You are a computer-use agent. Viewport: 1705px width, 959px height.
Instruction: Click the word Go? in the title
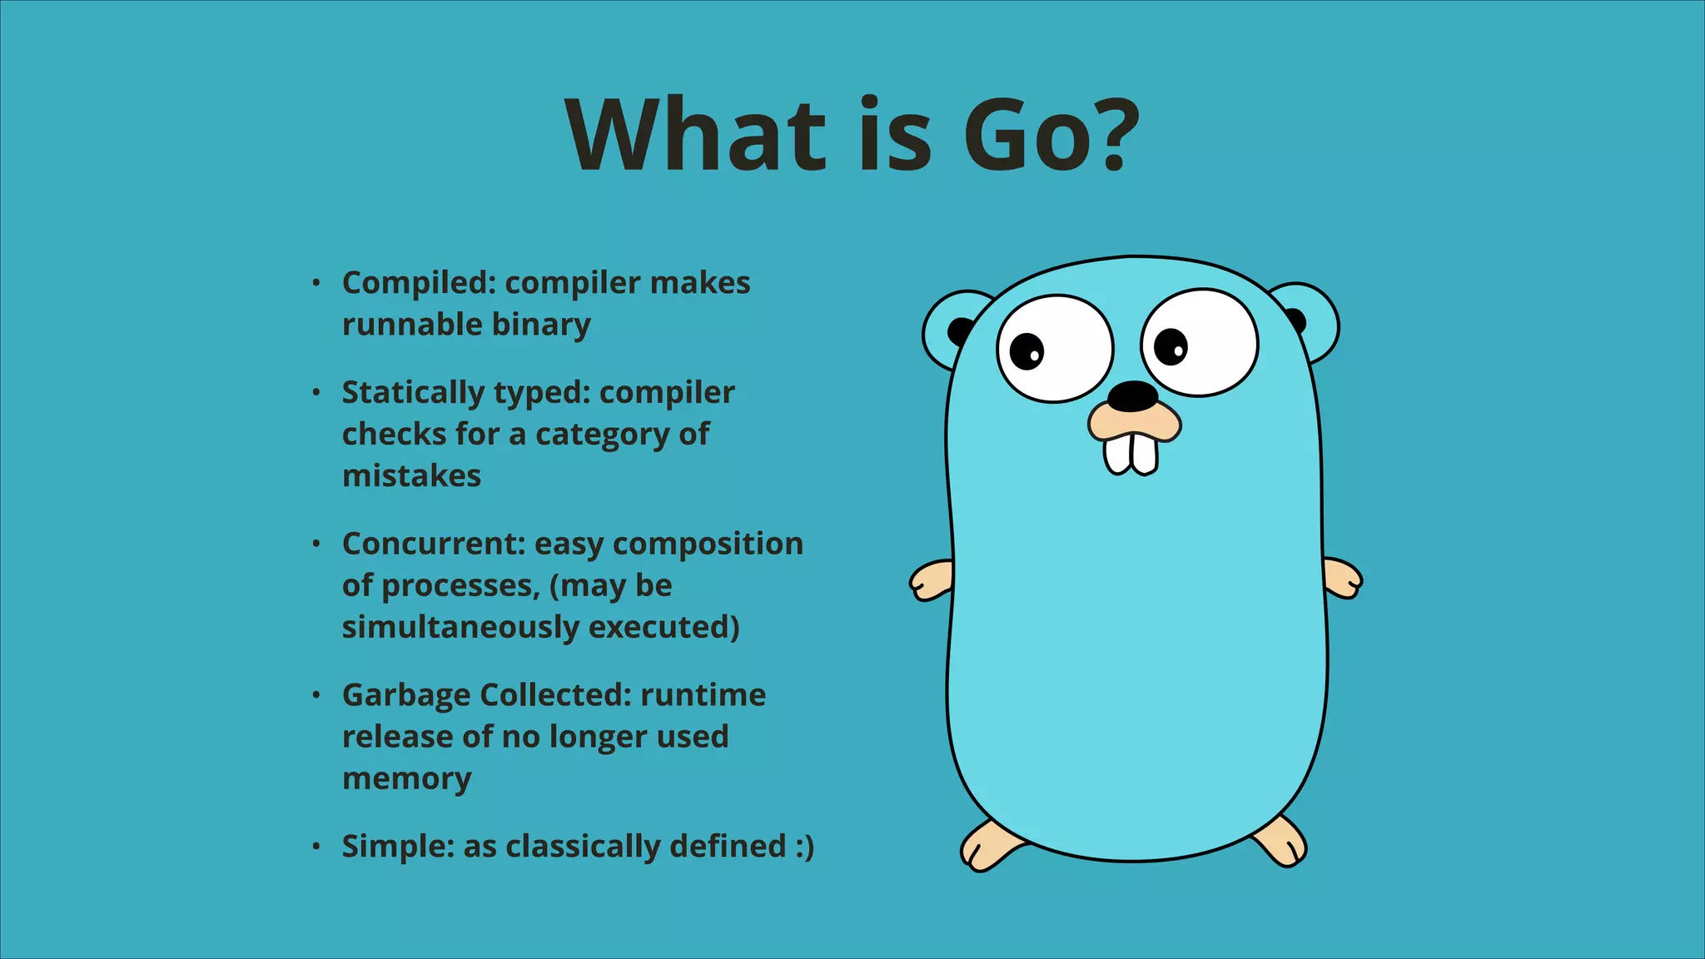[1051, 135]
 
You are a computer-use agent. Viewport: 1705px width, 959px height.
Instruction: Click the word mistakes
[411, 476]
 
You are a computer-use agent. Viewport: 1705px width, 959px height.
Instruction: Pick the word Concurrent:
[434, 544]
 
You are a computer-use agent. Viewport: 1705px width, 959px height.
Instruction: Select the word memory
[406, 779]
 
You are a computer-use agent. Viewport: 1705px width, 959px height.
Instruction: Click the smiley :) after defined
[803, 847]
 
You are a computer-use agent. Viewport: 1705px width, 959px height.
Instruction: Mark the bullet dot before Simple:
[316, 847]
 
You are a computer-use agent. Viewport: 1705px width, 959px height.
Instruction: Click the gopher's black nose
[1132, 396]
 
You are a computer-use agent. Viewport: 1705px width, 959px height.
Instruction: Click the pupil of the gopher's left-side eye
[1026, 350]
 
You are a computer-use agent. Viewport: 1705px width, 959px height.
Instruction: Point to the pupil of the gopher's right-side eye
[1171, 346]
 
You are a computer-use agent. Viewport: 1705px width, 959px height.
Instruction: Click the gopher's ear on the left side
[949, 330]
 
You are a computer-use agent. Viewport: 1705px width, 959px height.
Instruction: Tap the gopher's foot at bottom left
[988, 847]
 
